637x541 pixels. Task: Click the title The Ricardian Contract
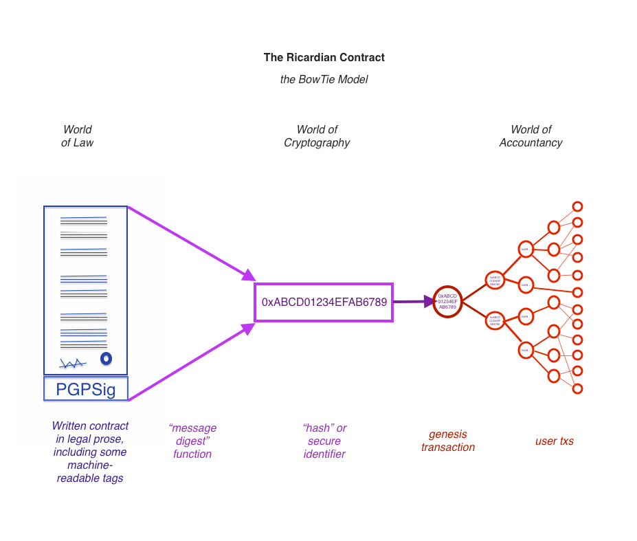[324, 58]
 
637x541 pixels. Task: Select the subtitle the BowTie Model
[324, 80]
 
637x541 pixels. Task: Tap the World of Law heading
[77, 136]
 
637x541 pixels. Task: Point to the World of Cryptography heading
[317, 136]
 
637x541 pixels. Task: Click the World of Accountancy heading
[530, 136]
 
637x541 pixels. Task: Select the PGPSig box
[86, 390]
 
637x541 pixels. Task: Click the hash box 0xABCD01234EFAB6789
[324, 302]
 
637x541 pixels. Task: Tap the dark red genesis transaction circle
[447, 301]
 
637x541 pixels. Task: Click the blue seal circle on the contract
[106, 358]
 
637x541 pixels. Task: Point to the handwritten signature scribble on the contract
[72, 363]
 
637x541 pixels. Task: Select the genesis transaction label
[447, 441]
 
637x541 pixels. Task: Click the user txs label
[554, 441]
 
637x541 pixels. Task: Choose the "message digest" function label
[192, 441]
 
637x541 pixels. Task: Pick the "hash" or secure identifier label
[324, 441]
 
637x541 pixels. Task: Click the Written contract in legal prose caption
[90, 452]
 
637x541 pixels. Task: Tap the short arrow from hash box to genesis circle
[412, 301]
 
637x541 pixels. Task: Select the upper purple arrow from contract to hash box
[189, 242]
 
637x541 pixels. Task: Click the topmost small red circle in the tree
[577, 207]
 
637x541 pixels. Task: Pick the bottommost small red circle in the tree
[577, 388]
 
